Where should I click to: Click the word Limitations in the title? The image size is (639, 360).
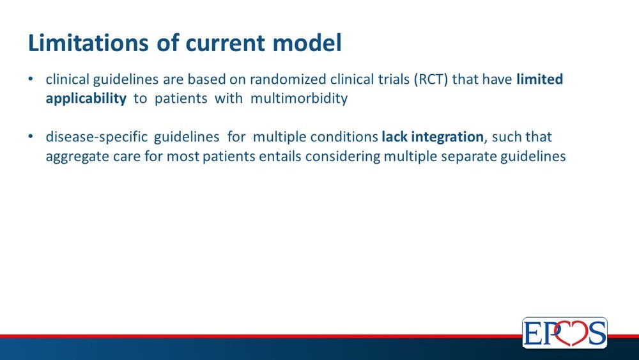pos(88,43)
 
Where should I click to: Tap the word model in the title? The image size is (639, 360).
pos(307,43)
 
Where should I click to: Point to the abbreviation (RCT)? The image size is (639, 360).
pos(431,79)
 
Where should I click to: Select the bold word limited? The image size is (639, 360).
pos(539,79)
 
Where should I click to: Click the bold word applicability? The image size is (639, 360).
pos(86,98)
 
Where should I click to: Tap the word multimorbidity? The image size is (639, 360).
pos(299,98)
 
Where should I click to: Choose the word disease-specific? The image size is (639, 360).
pos(96,137)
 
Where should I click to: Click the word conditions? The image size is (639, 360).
pos(344,137)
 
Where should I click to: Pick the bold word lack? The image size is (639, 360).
pos(394,137)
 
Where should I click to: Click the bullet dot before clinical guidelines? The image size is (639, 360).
pos(31,79)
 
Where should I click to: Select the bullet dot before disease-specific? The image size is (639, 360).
pos(31,137)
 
